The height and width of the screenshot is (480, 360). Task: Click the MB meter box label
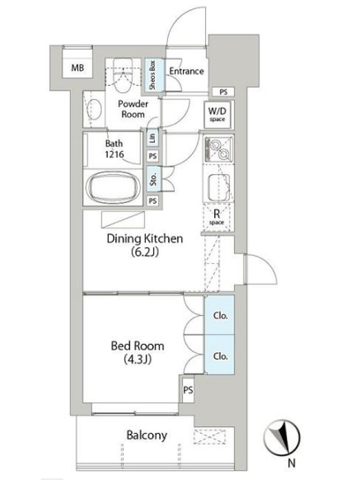(x=77, y=68)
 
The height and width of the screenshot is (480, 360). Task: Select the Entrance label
(x=187, y=71)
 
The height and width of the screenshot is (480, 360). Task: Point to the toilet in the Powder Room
(x=125, y=76)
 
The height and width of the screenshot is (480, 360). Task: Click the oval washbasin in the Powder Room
(x=94, y=110)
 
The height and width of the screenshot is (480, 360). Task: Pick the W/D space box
(x=217, y=114)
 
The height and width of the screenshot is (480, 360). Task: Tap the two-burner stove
(x=218, y=149)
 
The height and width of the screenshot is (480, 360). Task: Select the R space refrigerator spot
(x=217, y=217)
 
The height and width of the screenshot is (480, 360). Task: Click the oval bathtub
(x=113, y=187)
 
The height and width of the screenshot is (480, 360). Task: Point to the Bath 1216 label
(x=114, y=149)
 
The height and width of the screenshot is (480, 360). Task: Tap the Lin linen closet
(x=152, y=138)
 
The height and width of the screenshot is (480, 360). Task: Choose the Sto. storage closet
(x=154, y=179)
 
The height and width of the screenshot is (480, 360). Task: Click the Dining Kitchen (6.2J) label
(x=145, y=245)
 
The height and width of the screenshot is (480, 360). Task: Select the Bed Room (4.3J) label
(x=137, y=352)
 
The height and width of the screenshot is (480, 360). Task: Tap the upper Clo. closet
(x=220, y=315)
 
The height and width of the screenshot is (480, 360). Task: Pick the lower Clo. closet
(x=220, y=355)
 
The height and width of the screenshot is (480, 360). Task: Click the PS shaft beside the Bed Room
(x=188, y=390)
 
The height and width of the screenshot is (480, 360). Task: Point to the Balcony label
(x=147, y=435)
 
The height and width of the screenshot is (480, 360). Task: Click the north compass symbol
(x=282, y=437)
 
